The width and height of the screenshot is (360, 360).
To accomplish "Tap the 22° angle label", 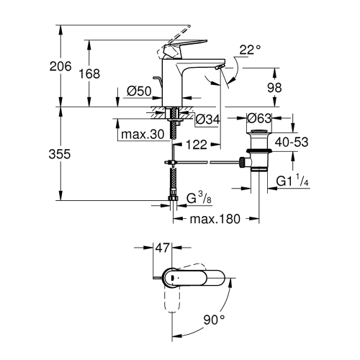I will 248,50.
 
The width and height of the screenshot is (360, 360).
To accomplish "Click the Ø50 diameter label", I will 138,91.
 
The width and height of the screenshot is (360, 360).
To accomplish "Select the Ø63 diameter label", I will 259,119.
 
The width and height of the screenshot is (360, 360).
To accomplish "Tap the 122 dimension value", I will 193,145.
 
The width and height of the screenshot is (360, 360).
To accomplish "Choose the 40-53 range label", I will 292,143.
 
